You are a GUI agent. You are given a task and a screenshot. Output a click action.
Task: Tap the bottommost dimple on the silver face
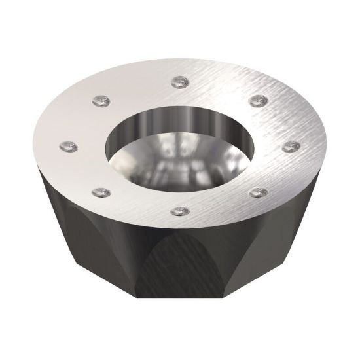[179, 211]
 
